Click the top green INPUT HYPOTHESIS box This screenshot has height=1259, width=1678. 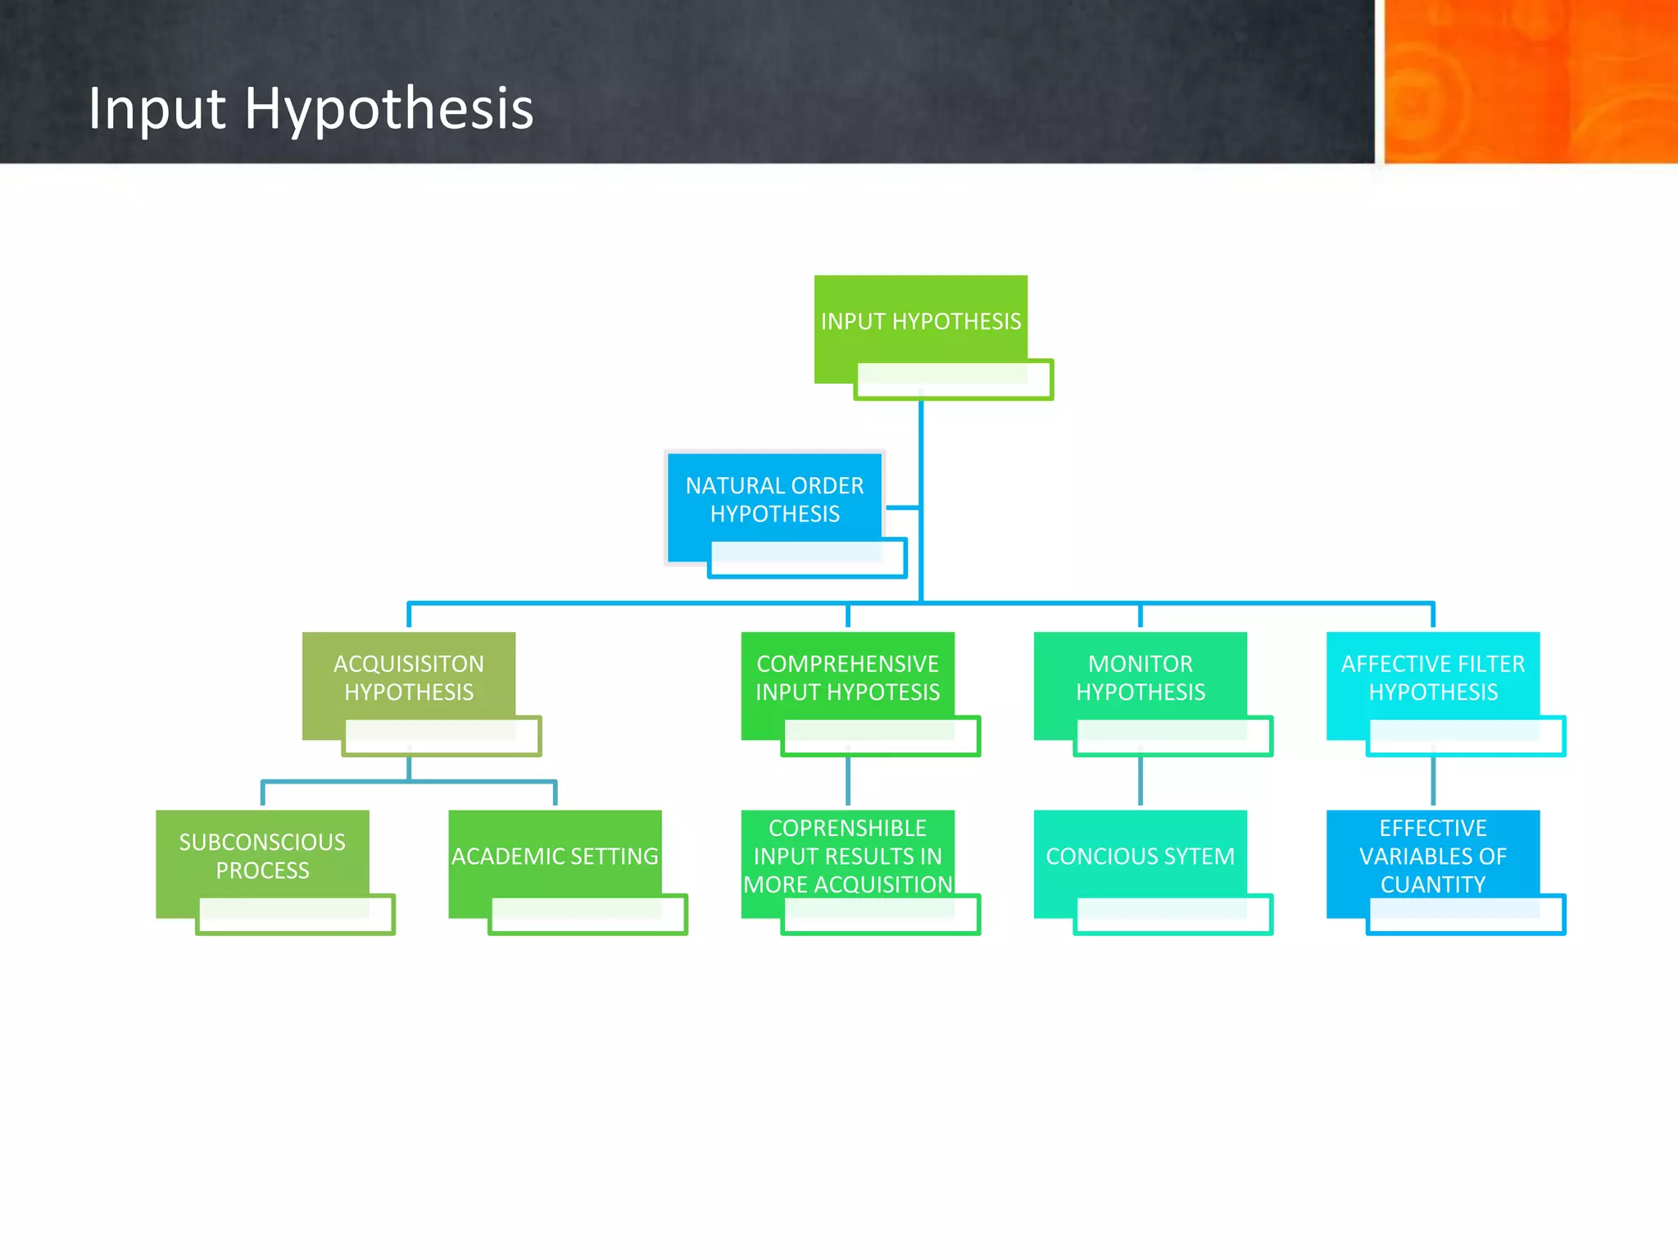920,320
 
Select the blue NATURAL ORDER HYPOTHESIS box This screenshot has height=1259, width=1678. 774,499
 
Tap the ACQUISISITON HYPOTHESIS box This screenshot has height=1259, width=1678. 408,677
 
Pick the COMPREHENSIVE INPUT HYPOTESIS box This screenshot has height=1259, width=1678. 847,677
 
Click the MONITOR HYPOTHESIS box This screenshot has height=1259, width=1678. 1140,677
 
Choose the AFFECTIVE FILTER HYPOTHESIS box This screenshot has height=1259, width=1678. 1432,677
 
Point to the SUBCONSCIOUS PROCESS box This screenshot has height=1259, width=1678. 262,856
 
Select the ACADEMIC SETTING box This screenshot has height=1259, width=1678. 555,856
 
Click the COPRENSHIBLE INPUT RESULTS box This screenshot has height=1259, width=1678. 847,856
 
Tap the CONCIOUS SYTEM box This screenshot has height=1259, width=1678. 1140,856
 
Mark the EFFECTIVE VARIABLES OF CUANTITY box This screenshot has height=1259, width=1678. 1432,856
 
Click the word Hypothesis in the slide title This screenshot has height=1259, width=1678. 388,110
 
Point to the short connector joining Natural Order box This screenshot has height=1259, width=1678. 902,508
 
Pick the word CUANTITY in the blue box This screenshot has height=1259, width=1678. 1432,884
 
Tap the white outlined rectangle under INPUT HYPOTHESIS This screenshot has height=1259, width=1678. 953,380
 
